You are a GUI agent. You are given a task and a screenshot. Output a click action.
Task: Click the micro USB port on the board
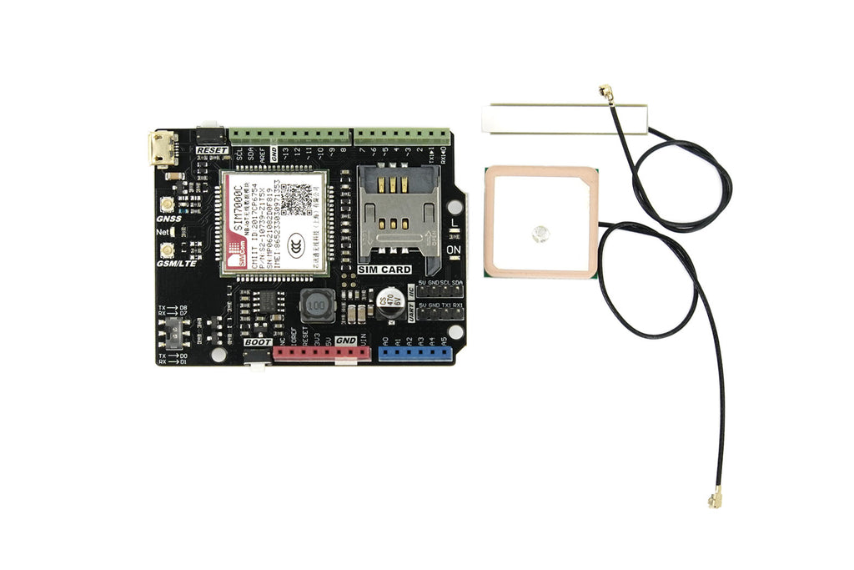tap(163, 149)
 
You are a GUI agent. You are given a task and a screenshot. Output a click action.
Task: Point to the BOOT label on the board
tap(259, 342)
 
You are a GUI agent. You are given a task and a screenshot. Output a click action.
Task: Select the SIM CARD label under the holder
tap(384, 270)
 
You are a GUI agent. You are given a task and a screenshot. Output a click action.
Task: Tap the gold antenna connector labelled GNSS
tap(168, 204)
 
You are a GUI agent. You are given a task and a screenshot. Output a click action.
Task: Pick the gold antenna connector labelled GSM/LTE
tap(168, 250)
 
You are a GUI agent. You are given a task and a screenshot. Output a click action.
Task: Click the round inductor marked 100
tap(315, 307)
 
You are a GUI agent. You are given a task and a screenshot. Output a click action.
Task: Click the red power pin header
tap(322, 355)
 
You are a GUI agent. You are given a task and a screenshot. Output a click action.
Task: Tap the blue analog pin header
tap(414, 354)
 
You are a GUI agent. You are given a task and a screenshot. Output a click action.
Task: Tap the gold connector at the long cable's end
tap(715, 500)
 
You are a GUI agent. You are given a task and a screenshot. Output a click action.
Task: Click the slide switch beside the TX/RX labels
tap(175, 333)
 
